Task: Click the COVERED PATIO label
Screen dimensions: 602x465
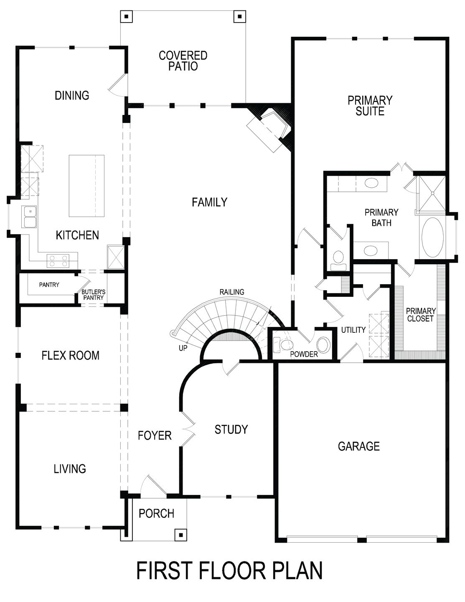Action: point(183,61)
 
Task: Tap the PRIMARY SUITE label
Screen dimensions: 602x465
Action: point(370,106)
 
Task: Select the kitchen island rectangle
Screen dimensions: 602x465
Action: point(86,186)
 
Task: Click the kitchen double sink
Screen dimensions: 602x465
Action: point(30,217)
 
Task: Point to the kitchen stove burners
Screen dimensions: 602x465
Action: point(58,261)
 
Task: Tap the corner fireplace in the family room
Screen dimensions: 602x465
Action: point(269,129)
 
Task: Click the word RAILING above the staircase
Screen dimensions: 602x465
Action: point(232,292)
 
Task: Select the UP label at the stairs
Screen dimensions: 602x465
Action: point(183,347)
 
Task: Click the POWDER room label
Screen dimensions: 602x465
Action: point(304,355)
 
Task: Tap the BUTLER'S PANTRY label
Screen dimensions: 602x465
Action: point(93,295)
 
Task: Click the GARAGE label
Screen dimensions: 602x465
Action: point(358,446)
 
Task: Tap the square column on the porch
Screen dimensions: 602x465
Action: point(180,534)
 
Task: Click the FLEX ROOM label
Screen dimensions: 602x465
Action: point(70,355)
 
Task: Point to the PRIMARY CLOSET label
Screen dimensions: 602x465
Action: point(420,315)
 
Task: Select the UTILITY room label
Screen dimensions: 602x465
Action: point(353,330)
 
